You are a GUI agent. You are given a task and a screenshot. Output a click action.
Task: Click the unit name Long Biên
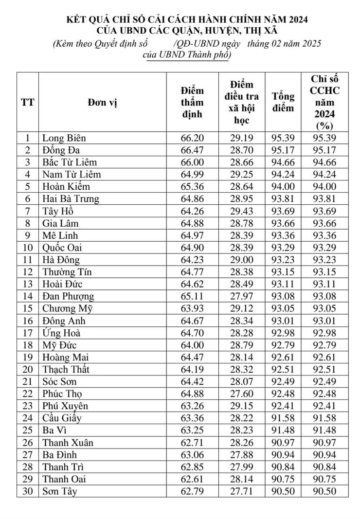[x=64, y=138]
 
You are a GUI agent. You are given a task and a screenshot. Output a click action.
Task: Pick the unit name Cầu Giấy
[x=62, y=418]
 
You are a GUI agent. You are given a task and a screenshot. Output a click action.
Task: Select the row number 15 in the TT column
[x=28, y=308]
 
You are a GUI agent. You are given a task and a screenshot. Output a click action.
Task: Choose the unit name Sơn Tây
[x=60, y=491]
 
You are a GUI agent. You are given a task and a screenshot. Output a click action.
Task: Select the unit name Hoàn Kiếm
[x=66, y=186]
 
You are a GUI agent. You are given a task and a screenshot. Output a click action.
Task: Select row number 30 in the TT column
[x=28, y=491]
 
